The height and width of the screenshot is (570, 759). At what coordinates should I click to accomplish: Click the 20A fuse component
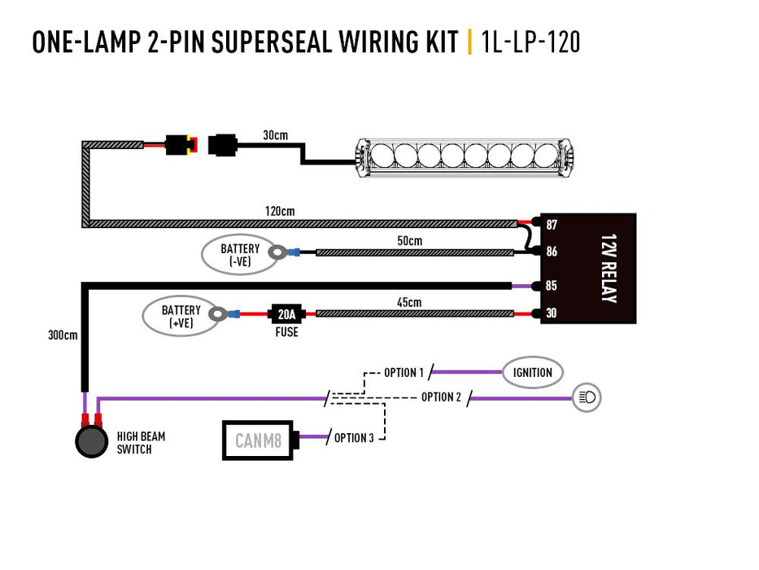tap(286, 313)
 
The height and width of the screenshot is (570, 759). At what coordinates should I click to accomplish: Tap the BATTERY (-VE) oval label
tap(240, 254)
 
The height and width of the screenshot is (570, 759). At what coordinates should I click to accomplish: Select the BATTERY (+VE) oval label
tap(181, 315)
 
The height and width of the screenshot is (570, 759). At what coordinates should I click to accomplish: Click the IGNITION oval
tap(533, 372)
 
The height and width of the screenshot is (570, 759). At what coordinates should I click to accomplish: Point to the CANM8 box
tap(258, 441)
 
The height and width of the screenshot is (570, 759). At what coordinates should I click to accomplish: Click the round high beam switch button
tap(91, 441)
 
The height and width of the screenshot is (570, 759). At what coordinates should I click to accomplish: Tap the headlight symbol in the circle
tap(587, 397)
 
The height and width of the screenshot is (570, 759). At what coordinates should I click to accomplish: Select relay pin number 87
tap(552, 224)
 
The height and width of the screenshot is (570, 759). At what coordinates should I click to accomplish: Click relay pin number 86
tap(552, 252)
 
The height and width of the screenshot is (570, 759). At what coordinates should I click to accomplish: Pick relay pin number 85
tap(552, 286)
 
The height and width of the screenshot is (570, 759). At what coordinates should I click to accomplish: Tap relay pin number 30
tap(552, 313)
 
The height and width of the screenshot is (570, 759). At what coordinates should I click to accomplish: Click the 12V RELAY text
tap(608, 269)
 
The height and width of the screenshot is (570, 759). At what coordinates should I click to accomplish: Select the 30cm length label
tap(275, 134)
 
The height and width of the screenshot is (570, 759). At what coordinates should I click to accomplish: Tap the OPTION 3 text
tap(354, 438)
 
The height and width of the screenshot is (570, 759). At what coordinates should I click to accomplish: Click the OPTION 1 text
tap(404, 373)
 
